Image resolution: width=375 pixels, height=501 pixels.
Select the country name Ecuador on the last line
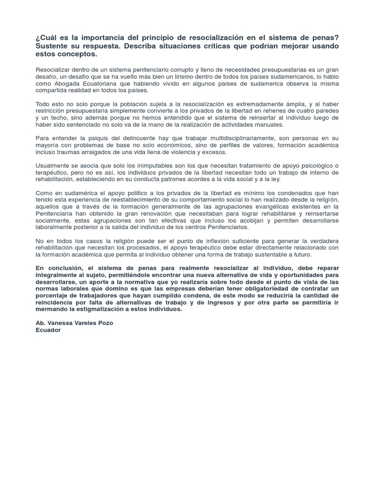[x=48, y=330]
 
